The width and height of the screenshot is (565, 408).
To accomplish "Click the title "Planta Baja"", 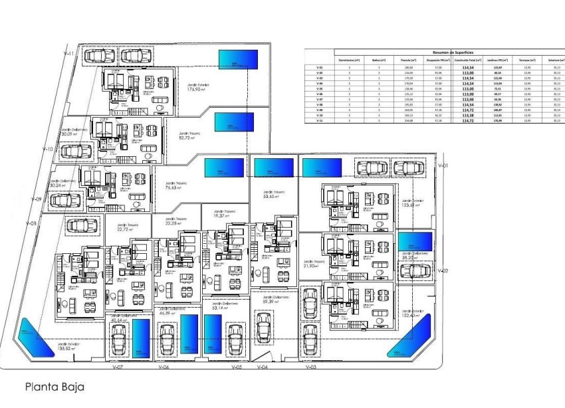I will [55, 385].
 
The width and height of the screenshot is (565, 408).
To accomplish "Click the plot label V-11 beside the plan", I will [67, 53].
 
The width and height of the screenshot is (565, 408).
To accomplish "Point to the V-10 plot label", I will [47, 150].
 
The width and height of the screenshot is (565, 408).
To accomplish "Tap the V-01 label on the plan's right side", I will [444, 165].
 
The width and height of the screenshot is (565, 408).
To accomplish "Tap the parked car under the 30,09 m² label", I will [72, 151].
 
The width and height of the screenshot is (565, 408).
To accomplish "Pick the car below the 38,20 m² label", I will [415, 271].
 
